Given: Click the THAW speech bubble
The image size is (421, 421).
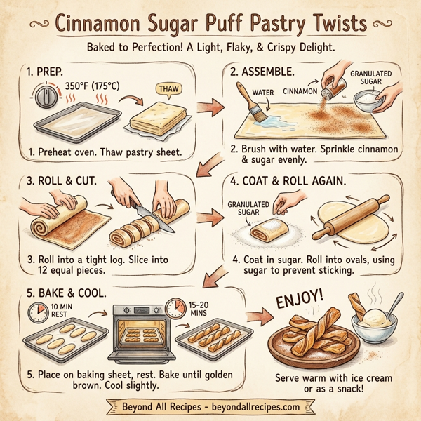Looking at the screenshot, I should tap(165, 89).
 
